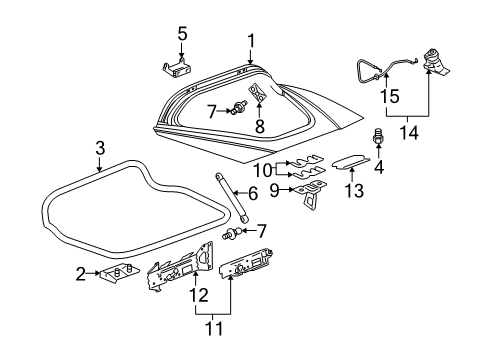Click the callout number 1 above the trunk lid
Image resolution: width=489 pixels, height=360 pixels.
(x=251, y=40)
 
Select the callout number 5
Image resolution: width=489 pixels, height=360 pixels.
(x=181, y=32)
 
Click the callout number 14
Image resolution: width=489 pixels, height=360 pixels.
(x=405, y=130)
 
